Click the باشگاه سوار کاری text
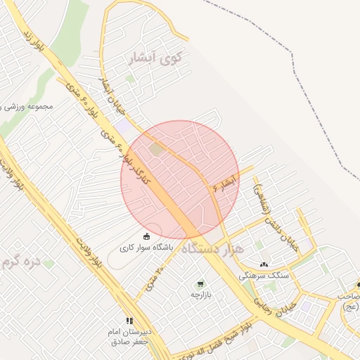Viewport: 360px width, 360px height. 146,247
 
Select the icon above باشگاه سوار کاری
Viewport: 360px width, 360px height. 146,236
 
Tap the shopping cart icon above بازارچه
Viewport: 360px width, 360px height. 201,284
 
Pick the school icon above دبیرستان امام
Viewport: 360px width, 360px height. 129,320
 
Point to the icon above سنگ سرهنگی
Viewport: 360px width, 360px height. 264,265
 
